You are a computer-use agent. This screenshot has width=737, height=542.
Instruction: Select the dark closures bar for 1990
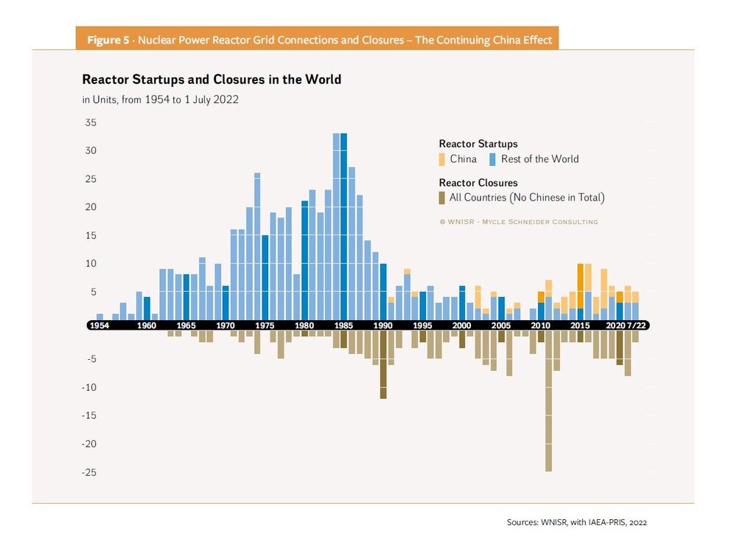click(x=383, y=364)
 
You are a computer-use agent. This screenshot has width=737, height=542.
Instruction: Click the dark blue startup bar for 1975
click(x=265, y=277)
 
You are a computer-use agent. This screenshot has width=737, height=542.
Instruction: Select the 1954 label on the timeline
click(x=100, y=325)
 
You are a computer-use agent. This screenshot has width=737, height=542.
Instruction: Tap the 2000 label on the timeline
click(x=461, y=325)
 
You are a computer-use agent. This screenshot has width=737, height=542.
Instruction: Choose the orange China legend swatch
click(x=442, y=159)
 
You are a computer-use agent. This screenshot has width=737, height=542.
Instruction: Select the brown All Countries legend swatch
click(x=442, y=197)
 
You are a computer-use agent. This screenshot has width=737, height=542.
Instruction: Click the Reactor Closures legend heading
click(x=478, y=182)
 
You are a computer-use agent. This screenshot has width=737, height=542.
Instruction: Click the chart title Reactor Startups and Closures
click(x=212, y=79)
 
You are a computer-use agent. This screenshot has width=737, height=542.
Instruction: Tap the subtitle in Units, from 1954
click(x=160, y=100)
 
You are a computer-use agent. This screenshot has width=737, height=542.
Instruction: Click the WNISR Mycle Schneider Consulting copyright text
click(x=518, y=222)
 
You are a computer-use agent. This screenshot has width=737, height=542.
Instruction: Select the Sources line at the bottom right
click(x=576, y=522)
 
